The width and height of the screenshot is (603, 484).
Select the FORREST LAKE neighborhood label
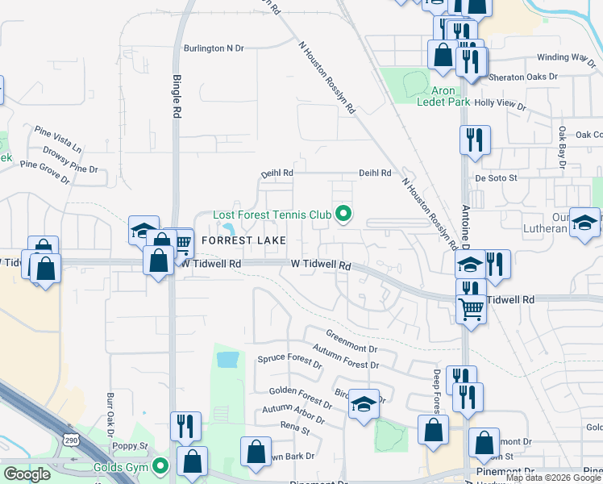(239, 240)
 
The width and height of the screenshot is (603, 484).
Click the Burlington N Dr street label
(214, 48)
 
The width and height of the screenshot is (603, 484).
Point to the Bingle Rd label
(177, 97)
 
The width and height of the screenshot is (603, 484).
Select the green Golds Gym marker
(161, 465)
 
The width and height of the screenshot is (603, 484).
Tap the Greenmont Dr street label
(351, 341)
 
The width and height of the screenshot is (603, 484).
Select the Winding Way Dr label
(565, 57)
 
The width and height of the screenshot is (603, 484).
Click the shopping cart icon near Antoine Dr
(471, 307)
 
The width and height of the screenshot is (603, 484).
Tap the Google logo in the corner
(27, 474)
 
